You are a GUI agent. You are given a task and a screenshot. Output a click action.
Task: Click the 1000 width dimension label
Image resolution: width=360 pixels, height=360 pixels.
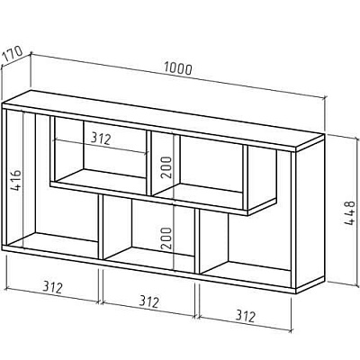point(178,68)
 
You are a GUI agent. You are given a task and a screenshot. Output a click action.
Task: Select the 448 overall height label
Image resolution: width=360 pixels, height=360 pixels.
point(349,213)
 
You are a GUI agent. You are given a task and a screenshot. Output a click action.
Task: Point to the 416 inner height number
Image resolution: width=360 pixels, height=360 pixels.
point(15,180)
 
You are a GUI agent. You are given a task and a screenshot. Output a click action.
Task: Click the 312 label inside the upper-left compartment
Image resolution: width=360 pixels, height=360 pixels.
point(101,139)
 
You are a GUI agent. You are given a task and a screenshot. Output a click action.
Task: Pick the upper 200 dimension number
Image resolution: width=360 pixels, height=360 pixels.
point(166,167)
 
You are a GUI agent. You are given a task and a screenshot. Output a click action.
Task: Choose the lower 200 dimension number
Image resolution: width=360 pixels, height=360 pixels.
point(166,238)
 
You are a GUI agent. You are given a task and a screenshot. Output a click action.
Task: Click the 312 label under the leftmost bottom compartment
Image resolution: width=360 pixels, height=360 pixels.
point(52,287)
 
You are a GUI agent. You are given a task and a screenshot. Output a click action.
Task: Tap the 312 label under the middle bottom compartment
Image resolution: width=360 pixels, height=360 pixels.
point(148,302)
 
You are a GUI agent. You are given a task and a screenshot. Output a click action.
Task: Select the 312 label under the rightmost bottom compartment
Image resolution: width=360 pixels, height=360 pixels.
point(246,316)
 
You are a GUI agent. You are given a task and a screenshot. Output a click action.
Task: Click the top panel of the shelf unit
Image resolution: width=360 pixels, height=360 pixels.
point(164,119)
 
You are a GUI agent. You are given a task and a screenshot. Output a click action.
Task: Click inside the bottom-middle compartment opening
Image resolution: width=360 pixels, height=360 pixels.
point(148,230)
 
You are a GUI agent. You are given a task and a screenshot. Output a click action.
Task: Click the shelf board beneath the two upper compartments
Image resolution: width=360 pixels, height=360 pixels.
point(164,199)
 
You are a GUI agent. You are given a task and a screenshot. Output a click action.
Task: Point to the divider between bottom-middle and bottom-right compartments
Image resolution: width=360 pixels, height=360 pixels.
point(197,241)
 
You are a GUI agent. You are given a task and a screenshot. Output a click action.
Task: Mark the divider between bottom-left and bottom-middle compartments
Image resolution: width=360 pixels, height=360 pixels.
point(101,227)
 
